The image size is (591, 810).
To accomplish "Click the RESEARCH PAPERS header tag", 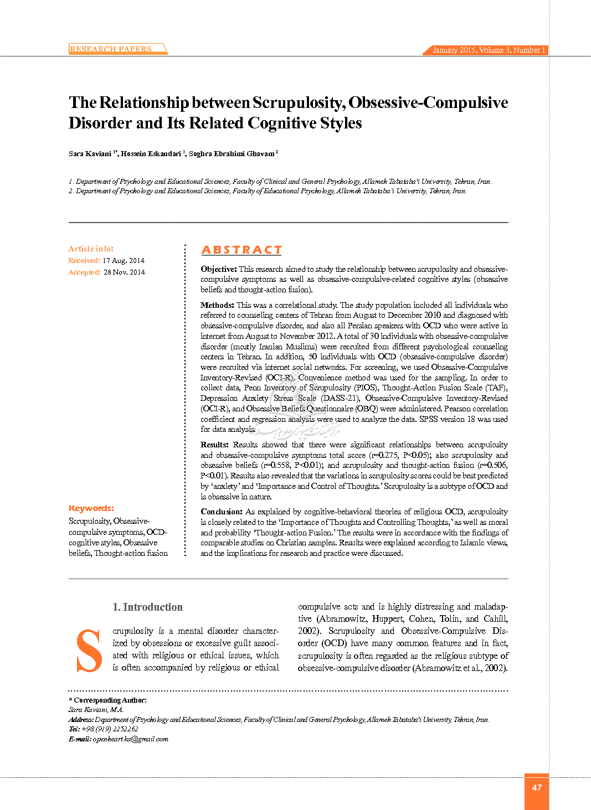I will (x=111, y=49).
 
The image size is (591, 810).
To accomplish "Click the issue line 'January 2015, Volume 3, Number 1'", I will (x=489, y=50).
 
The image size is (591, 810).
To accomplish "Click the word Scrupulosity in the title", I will (x=299, y=103).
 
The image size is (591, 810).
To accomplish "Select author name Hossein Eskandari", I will (x=151, y=154).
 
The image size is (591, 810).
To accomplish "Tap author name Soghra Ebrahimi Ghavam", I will (x=232, y=154).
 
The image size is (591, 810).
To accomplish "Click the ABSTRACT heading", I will (x=241, y=250).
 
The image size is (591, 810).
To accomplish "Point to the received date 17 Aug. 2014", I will (x=124, y=261).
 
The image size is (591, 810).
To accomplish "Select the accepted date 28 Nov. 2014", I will (x=124, y=272).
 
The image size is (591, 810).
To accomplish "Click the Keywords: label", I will (x=91, y=508).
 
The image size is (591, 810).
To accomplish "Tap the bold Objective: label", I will (x=219, y=270).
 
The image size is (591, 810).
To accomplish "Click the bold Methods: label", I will (x=218, y=305).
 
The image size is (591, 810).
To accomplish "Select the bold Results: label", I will (x=214, y=445).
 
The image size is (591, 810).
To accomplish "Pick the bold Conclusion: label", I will (x=222, y=512).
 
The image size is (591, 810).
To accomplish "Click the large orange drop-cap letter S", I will (x=89, y=651).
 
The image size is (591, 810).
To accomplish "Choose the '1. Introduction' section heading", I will (x=147, y=607).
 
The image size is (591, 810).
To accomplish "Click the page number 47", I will (x=537, y=788).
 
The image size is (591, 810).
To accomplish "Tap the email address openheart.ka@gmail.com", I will (x=131, y=739).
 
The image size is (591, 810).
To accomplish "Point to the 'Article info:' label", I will (x=91, y=249).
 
